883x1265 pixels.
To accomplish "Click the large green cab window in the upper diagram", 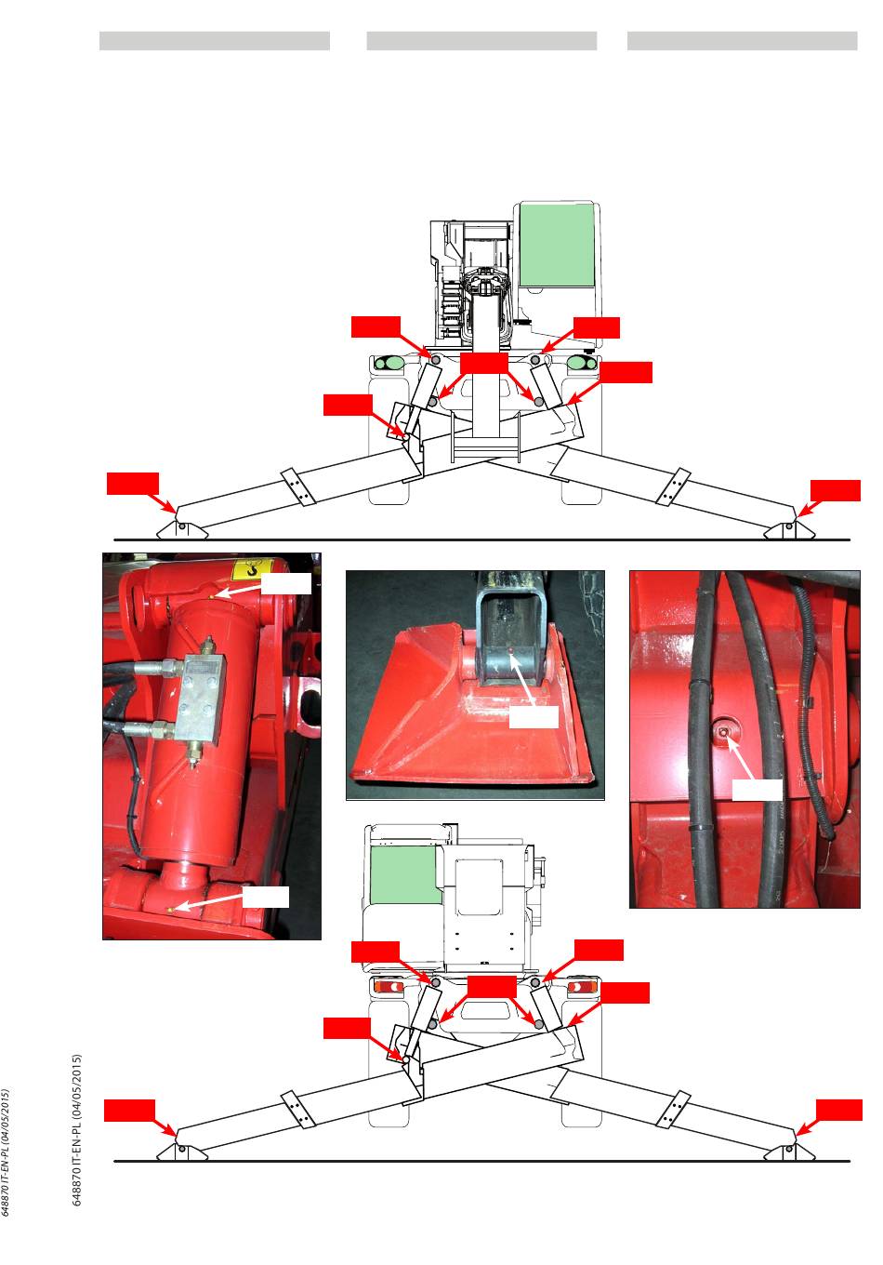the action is pos(557,245).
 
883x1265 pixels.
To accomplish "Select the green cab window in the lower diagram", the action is pos(405,874).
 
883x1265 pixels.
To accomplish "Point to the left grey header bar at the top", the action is pos(215,41).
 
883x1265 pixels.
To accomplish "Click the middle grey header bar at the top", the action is pos(481,41).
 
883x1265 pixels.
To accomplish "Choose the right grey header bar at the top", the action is pos(742,41).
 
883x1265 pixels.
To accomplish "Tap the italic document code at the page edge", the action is pos(6,1152).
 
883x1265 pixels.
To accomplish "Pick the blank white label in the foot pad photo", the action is pos(534,716).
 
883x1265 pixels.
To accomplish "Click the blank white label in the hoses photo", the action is pos(757,790).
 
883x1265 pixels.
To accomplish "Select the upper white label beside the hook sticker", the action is pos(286,583).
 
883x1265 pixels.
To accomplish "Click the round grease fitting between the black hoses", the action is pos(723,731).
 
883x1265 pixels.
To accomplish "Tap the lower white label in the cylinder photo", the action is pos(266,897).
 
